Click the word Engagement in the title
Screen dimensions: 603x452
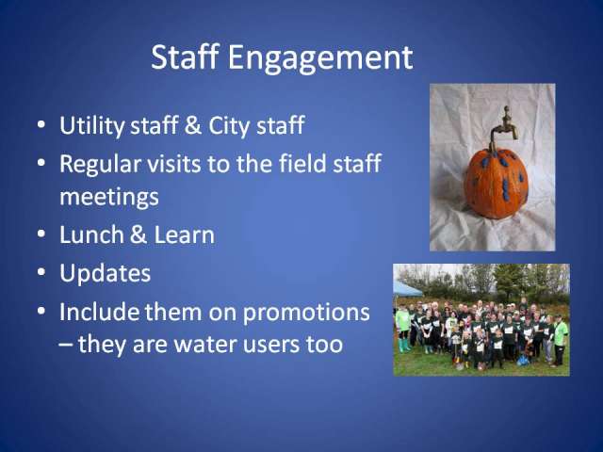[x=320, y=58]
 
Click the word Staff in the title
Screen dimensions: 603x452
[x=185, y=56]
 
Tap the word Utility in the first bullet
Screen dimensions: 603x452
[x=91, y=125]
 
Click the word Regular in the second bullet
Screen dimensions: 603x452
[x=100, y=164]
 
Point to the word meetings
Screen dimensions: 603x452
[x=109, y=198]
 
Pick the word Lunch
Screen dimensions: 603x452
[x=91, y=234]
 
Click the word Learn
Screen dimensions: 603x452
[x=185, y=234]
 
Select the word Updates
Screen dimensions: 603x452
[x=105, y=274]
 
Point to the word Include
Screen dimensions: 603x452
[x=99, y=312]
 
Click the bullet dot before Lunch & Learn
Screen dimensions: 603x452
[x=41, y=234]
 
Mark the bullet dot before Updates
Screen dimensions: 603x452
[x=41, y=272]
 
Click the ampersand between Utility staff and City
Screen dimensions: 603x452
[x=192, y=125]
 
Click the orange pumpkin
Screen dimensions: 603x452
[x=497, y=184]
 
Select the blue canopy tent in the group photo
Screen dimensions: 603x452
[x=407, y=289]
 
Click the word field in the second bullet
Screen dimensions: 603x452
[x=301, y=163]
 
